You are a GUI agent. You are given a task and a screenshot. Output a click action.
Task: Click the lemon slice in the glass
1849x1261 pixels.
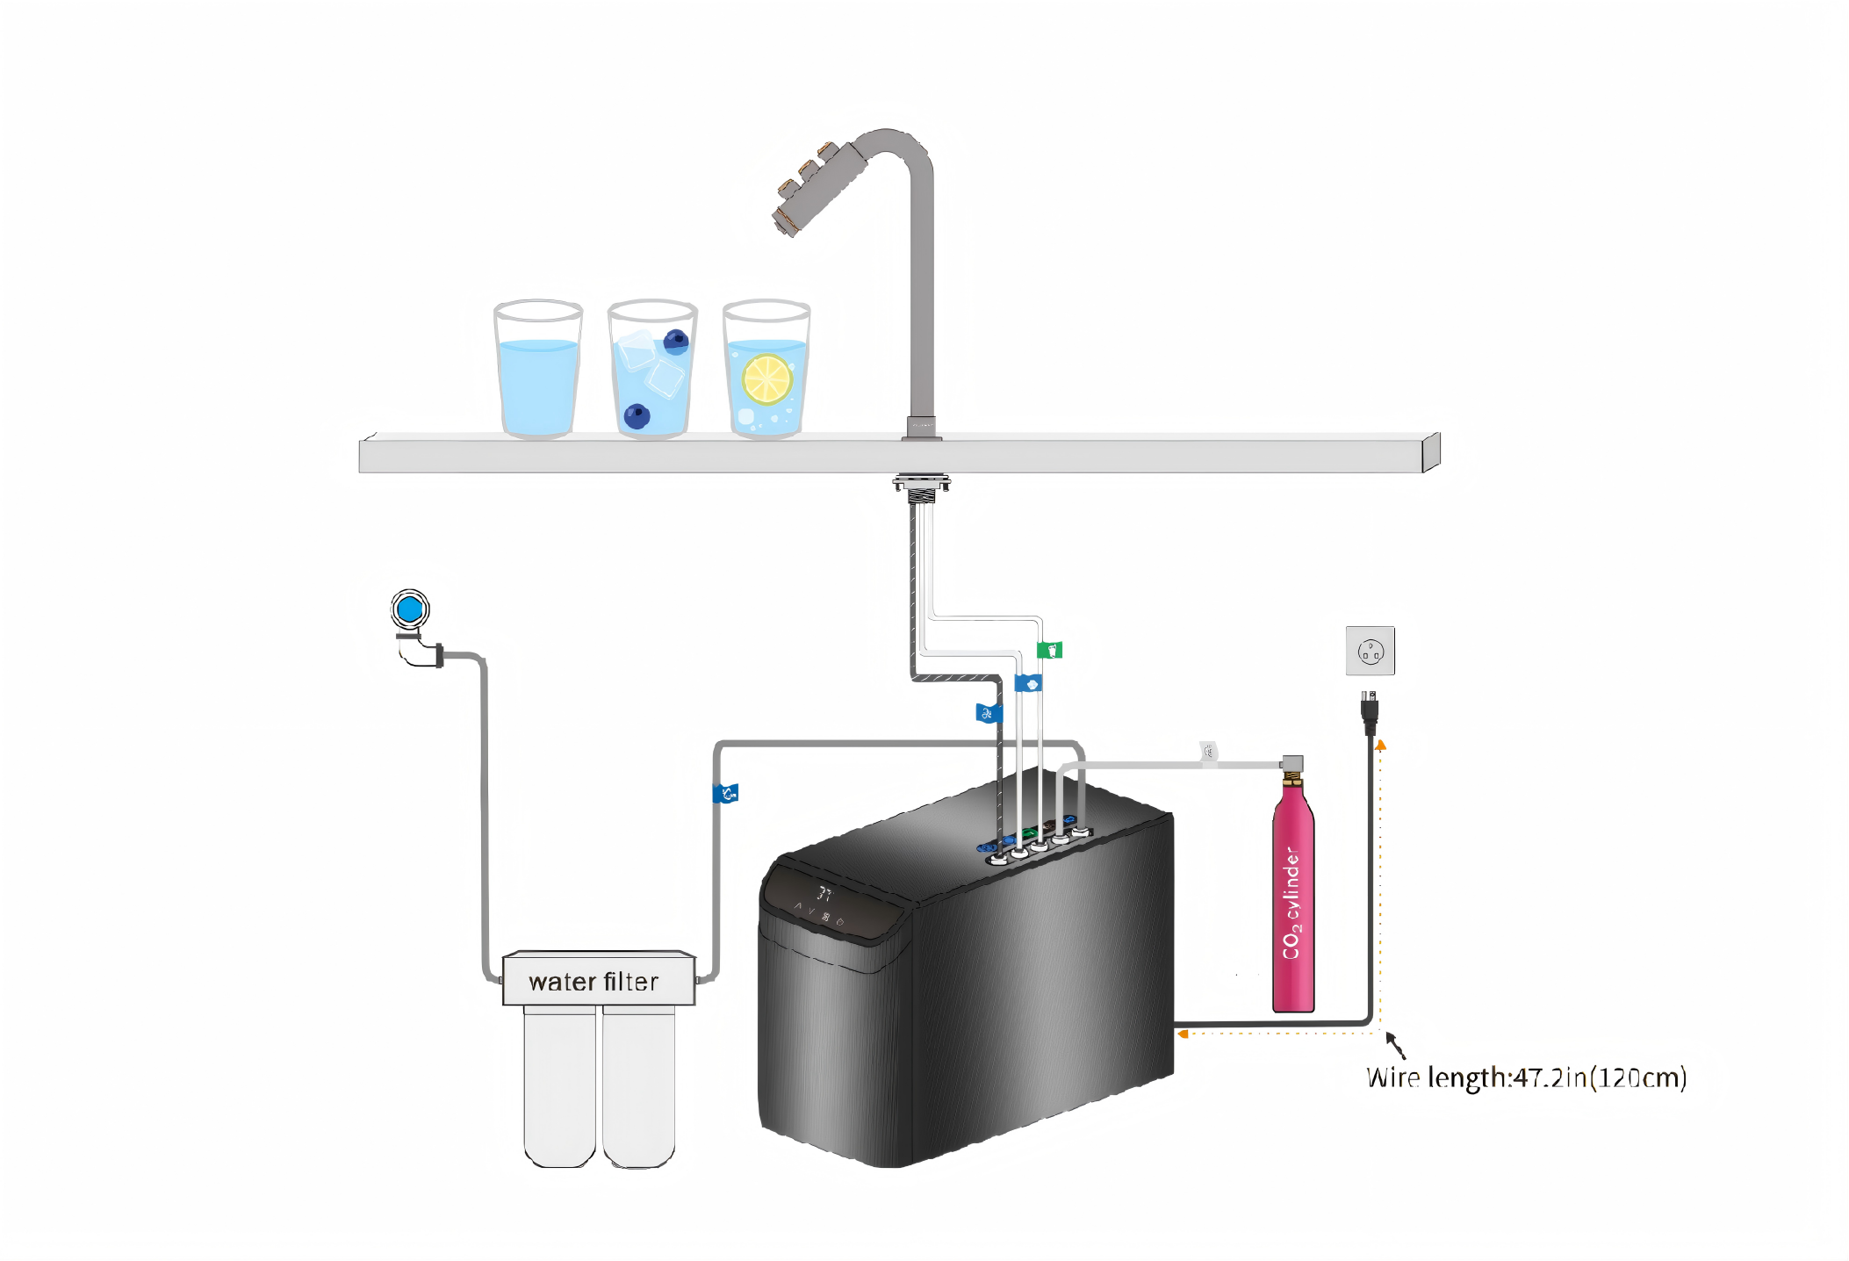(767, 379)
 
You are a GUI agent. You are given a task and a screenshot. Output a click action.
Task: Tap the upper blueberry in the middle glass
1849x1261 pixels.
(675, 341)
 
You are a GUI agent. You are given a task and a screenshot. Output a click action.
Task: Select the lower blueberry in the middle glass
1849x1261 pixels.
(637, 416)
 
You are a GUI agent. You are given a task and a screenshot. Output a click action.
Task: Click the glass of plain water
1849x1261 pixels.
(538, 369)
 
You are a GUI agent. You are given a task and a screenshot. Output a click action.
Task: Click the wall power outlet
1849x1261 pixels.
(1370, 651)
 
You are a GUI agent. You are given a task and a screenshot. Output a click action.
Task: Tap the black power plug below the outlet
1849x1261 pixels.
(1369, 711)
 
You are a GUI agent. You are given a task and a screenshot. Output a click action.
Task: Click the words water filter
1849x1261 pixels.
(594, 982)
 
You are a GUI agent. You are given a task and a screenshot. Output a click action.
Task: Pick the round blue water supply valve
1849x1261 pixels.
(410, 609)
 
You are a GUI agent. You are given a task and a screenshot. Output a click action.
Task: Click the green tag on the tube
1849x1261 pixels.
(1050, 650)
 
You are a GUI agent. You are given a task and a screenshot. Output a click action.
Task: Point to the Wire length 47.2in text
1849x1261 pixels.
(1526, 1077)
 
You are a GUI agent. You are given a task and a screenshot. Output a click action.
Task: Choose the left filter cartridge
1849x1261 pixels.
(559, 1087)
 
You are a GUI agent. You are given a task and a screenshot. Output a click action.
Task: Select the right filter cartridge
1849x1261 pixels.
(638, 1087)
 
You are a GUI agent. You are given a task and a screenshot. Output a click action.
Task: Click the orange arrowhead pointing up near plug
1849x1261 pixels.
(1380, 745)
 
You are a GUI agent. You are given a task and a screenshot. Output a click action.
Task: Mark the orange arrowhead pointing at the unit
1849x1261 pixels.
(1183, 1034)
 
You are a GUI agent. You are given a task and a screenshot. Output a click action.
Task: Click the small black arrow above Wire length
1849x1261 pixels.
(1396, 1046)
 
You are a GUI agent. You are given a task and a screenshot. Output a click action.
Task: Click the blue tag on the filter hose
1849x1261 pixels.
(725, 794)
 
